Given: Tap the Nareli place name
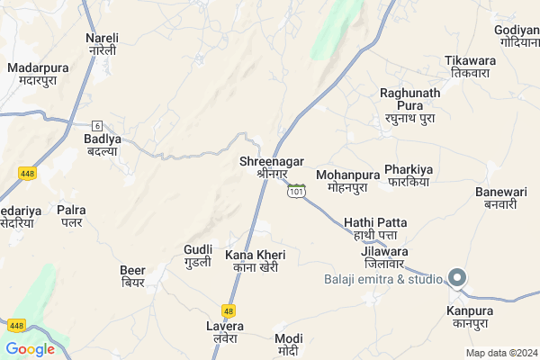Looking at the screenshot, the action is click(x=102, y=44).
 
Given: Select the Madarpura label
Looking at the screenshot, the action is click(x=38, y=74).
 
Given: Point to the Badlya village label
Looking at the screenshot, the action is click(x=102, y=145).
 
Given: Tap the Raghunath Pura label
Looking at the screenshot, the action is click(x=409, y=105).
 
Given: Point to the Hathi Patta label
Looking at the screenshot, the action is click(x=375, y=229).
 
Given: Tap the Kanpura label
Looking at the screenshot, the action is click(x=470, y=317).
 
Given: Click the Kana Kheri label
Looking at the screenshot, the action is click(x=255, y=261).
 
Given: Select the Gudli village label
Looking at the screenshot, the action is click(x=197, y=255).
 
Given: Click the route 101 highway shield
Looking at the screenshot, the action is click(x=297, y=191).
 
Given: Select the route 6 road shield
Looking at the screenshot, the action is click(x=97, y=125).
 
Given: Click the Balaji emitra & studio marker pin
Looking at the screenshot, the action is click(x=457, y=278).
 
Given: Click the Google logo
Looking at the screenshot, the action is click(x=30, y=349).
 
